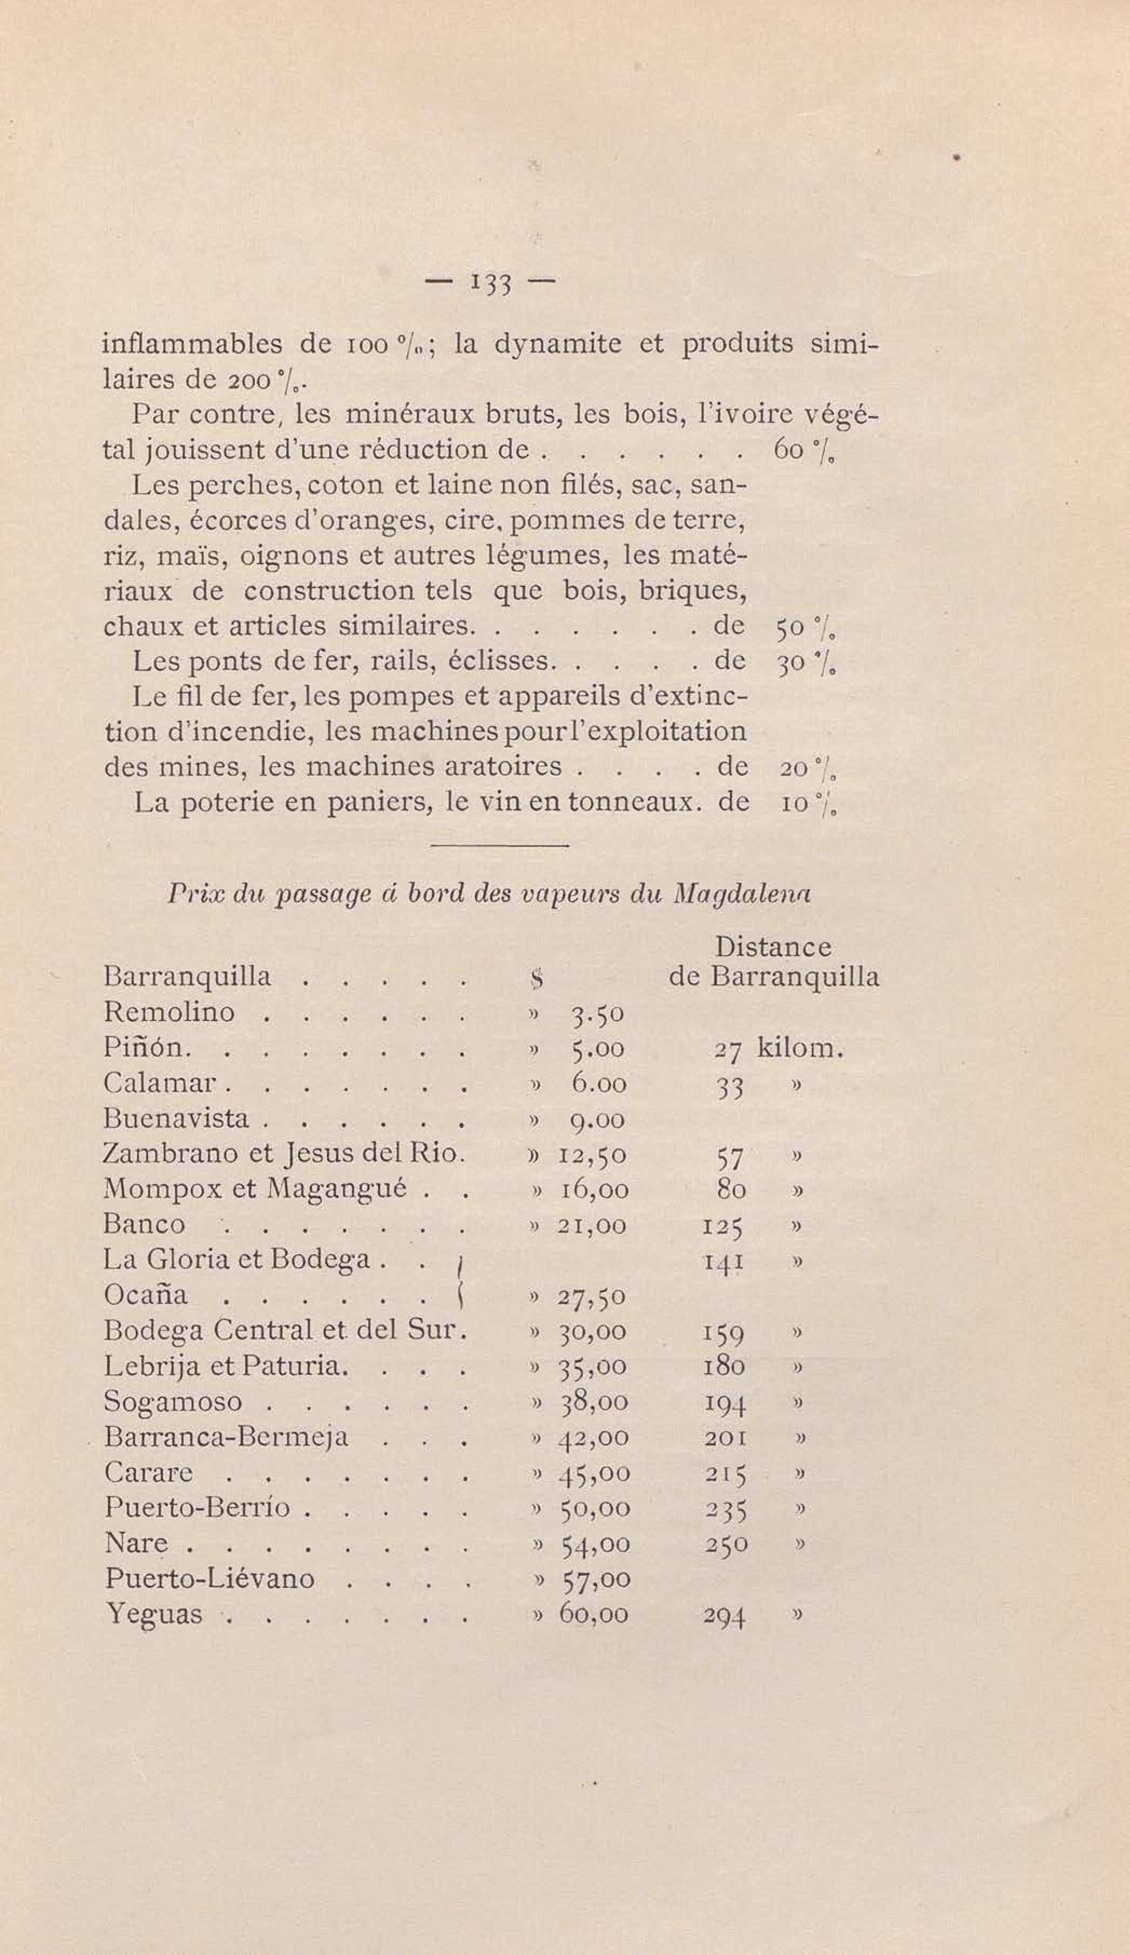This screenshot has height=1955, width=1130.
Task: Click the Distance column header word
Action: (x=773, y=946)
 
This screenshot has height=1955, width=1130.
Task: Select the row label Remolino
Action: (x=168, y=1012)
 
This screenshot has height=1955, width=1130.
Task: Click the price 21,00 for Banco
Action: (x=592, y=1226)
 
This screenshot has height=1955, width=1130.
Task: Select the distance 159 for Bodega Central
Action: (x=723, y=1332)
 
